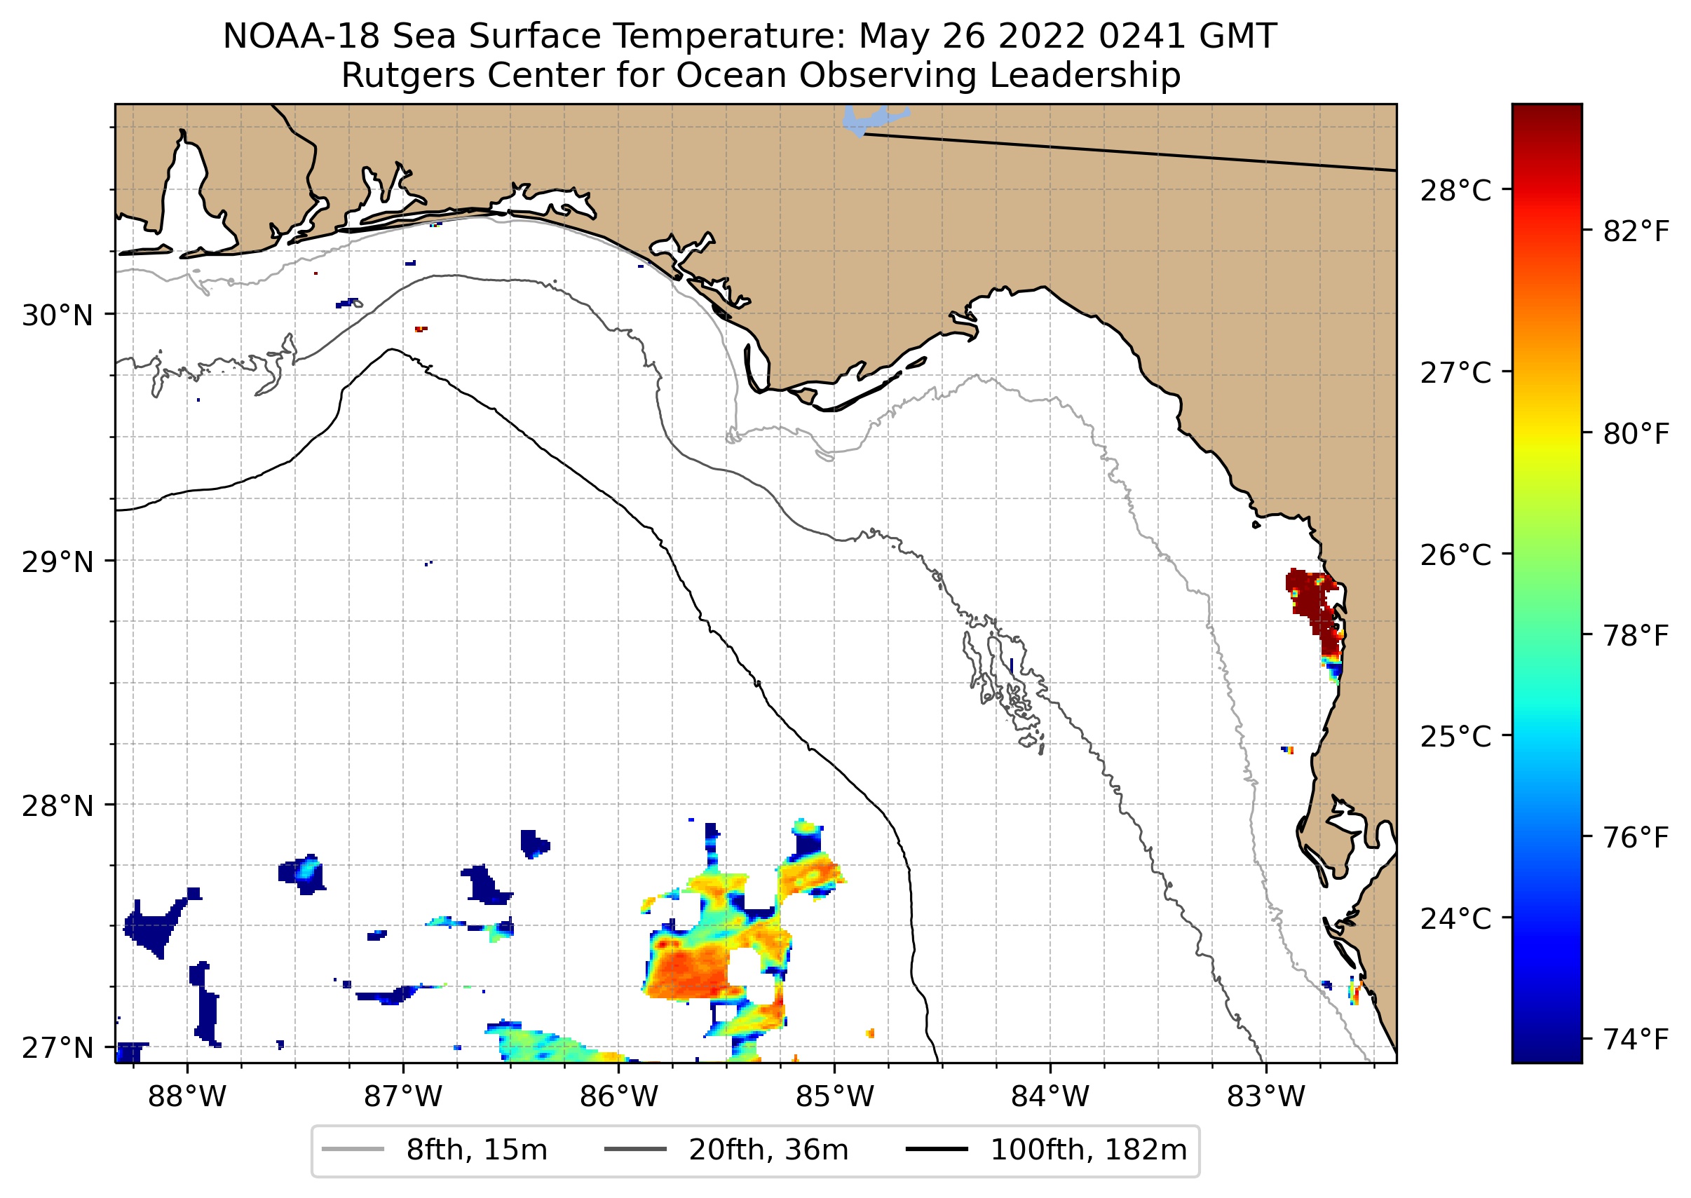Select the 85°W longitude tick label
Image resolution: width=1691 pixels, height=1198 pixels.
834,1097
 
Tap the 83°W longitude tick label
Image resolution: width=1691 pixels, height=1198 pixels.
1266,1097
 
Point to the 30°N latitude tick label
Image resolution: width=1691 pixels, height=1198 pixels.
57,315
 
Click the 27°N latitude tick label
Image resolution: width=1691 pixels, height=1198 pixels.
57,1047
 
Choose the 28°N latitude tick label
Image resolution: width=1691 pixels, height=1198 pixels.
57,806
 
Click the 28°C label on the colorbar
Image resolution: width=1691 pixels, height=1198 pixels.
1455,191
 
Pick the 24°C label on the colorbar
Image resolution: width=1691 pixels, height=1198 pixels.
1455,919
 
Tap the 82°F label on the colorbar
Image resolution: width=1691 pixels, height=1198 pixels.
1636,232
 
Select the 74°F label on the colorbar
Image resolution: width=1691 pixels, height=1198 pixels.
1636,1040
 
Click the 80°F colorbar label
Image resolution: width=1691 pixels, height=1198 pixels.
1636,435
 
